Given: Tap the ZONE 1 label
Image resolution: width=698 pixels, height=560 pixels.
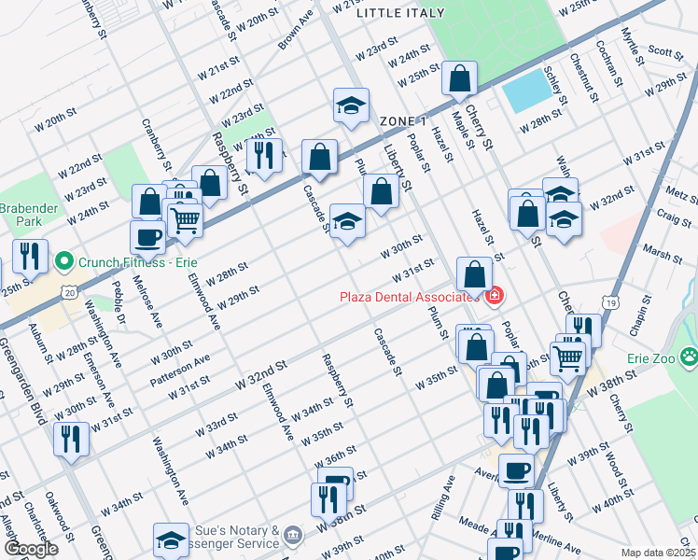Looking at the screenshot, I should tap(403, 121).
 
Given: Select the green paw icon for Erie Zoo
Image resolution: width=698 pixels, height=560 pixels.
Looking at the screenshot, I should tap(689, 355).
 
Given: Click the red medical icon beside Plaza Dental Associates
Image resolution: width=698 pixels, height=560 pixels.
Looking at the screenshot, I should tap(494, 297).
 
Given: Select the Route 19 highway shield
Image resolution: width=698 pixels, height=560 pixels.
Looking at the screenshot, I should tap(608, 303).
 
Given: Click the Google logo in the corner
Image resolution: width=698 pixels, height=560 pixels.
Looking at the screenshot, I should tap(30, 549).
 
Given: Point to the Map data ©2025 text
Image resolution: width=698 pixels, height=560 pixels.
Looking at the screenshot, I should tap(659, 552).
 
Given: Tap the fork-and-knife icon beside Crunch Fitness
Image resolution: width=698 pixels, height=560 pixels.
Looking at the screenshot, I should tap(30, 255).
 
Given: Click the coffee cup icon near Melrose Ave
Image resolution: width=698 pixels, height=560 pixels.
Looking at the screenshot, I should tap(147, 236).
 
